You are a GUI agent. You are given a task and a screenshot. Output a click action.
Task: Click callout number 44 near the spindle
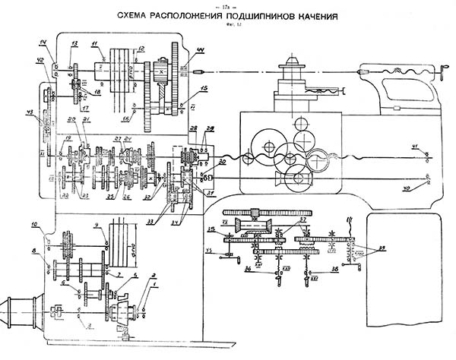coord(201,50)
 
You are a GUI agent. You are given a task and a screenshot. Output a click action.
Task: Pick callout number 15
coord(204,89)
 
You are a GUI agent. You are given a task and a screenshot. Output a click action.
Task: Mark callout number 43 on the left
coord(30,113)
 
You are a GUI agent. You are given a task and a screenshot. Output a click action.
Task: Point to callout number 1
coord(155,287)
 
